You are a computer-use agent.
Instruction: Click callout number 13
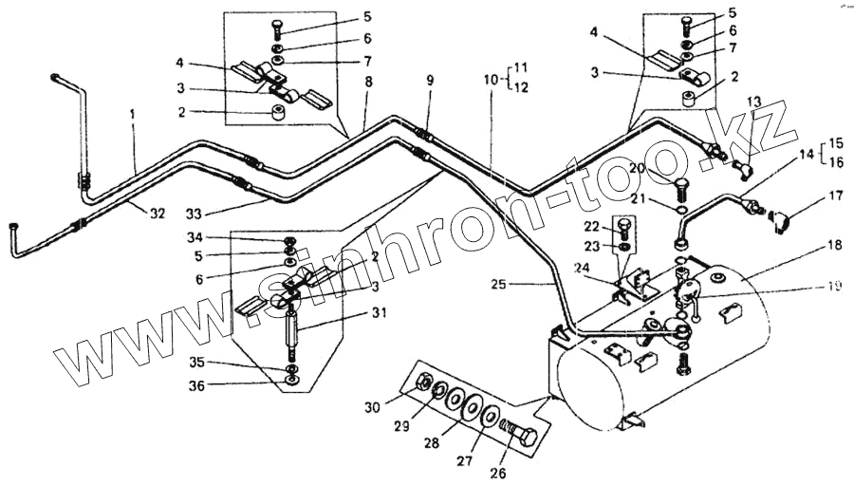pyautogui.click(x=754, y=101)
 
